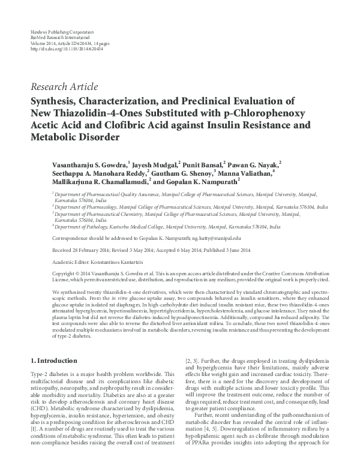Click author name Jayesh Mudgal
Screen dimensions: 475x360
point(155,163)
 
